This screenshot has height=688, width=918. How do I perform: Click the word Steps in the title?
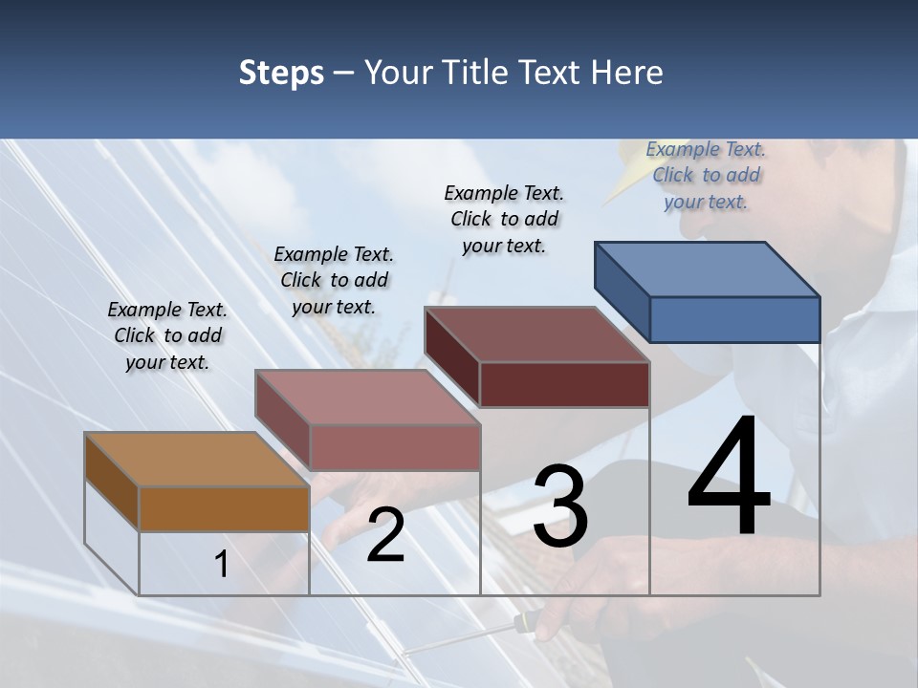(280, 73)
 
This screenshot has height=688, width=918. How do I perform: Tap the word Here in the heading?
(625, 73)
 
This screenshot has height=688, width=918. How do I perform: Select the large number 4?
(729, 478)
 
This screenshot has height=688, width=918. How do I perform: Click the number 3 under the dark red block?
(560, 506)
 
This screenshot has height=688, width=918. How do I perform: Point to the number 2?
(385, 535)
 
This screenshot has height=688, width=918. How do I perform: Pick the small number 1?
(222, 564)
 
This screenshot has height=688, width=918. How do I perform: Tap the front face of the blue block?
(734, 319)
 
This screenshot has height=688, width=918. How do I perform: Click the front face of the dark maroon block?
(564, 384)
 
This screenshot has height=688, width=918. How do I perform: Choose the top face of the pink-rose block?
(367, 398)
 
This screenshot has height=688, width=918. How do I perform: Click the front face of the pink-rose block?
(394, 447)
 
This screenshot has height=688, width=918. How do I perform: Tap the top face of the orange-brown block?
(197, 460)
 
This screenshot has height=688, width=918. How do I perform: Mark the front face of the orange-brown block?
(224, 508)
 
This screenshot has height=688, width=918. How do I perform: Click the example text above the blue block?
(706, 175)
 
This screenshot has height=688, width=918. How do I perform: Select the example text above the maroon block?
(504, 219)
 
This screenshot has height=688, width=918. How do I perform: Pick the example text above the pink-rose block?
(334, 280)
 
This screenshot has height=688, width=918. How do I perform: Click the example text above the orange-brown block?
(167, 335)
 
